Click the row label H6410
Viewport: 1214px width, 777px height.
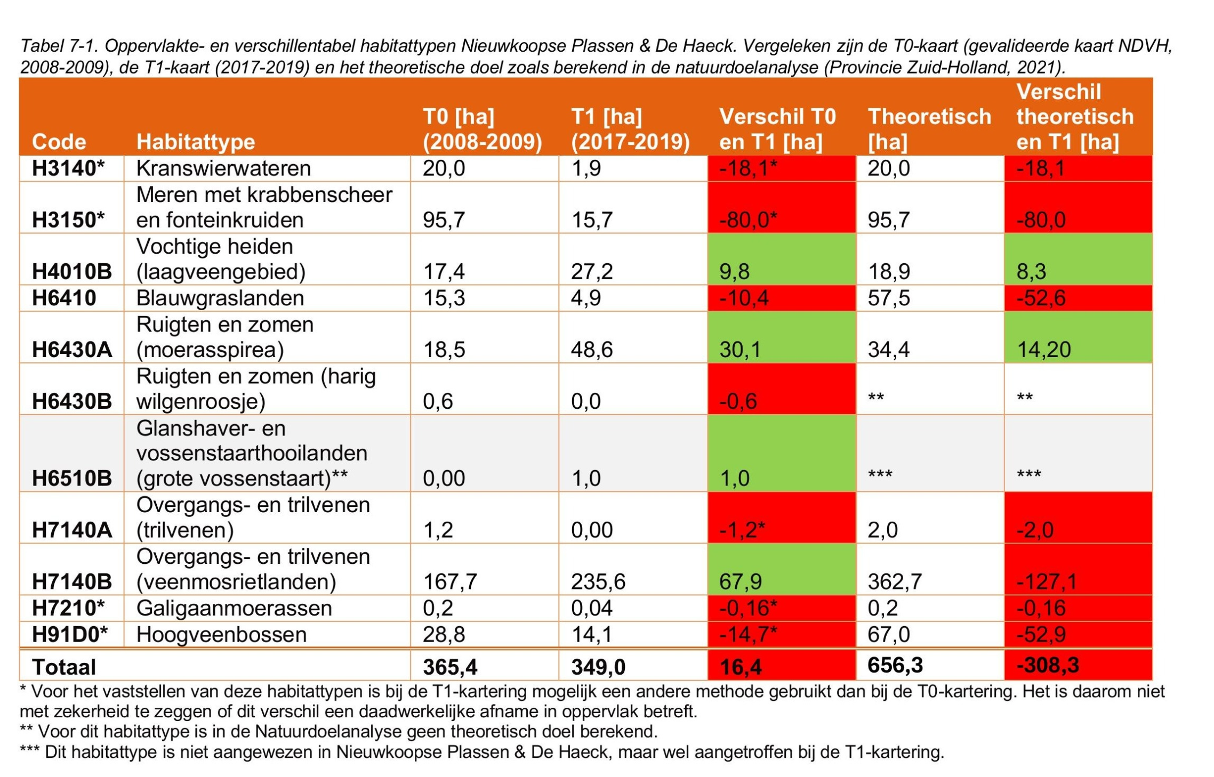64,298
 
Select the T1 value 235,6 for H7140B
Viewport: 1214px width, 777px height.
598,581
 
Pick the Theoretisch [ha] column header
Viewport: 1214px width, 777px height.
929,129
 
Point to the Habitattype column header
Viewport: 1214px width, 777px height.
196,142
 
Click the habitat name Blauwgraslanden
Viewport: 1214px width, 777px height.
220,298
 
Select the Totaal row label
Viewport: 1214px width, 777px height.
64,667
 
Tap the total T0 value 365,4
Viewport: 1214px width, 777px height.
450,667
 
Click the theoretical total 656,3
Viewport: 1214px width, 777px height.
895,665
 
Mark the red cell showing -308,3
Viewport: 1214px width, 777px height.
1047,665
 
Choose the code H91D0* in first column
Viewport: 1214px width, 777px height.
69,635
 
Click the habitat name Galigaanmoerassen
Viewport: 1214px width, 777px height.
234,608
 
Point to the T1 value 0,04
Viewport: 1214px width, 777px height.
591,608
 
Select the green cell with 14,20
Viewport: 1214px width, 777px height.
1043,350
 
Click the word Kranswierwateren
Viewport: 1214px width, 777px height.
223,168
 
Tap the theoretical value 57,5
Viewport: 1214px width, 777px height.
888,298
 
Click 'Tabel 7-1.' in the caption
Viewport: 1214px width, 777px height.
59,46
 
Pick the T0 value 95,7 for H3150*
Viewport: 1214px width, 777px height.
444,220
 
